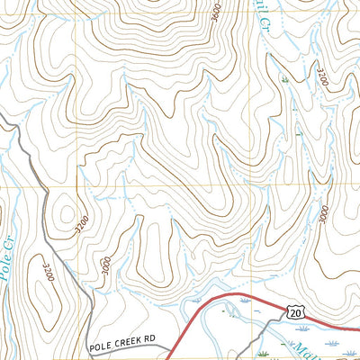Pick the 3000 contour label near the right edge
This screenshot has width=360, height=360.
tap(323, 217)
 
